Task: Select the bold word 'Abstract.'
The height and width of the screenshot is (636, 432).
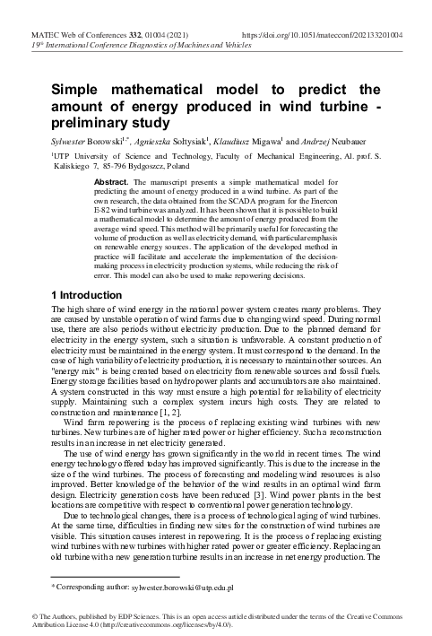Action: point(111,181)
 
